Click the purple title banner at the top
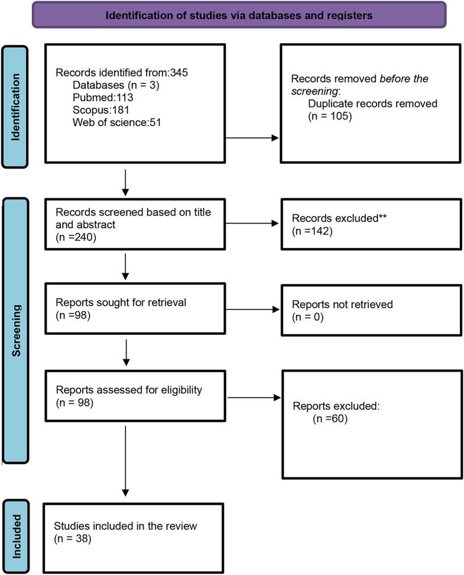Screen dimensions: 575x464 239,15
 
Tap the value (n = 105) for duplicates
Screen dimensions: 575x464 328,116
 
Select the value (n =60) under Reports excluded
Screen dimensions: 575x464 330,419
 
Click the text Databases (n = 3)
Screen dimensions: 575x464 109,85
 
